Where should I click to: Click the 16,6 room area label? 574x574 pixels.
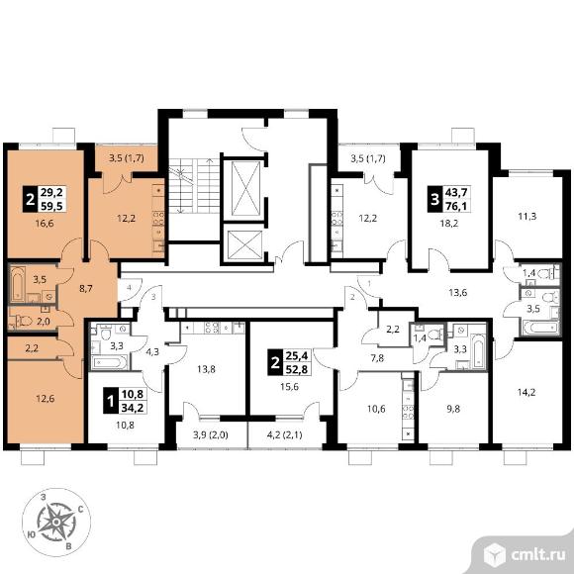[45, 223]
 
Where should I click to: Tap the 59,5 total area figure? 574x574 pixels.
[52, 206]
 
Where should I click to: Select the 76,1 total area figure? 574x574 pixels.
[456, 206]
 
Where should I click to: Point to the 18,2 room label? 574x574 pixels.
[448, 223]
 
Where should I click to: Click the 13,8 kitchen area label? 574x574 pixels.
[206, 369]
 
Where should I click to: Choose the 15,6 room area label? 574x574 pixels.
[289, 386]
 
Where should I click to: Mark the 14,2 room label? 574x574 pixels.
[526, 393]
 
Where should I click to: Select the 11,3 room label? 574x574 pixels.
[527, 217]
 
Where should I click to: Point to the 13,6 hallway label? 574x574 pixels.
[457, 292]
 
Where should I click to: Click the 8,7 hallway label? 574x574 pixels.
[86, 288]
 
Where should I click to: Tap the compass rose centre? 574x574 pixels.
[56, 522]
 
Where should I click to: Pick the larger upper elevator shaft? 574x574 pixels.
[246, 189]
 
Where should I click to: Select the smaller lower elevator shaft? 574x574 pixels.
[244, 244]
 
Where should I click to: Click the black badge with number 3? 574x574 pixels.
[434, 200]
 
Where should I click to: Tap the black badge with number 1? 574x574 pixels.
[110, 401]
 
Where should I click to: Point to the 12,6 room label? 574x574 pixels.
[46, 398]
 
